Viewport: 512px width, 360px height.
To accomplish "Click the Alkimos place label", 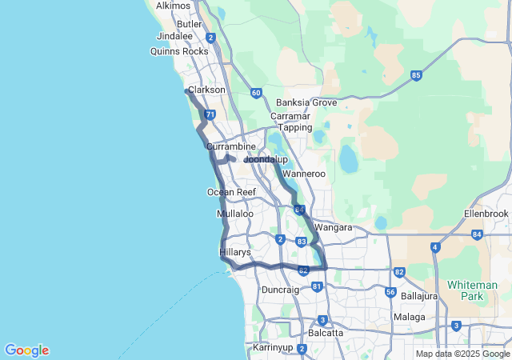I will (x=174, y=6).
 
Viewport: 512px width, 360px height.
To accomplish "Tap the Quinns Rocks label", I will (x=179, y=51).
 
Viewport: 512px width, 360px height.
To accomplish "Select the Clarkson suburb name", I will (x=206, y=90).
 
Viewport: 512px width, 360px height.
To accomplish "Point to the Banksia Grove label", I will (x=306, y=102).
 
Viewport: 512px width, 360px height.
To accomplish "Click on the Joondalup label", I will (x=266, y=159).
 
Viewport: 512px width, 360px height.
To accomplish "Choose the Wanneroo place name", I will (x=304, y=173).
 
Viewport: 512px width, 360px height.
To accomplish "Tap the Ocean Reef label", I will (x=231, y=192).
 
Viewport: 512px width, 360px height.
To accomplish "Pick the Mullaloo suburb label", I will (x=234, y=214).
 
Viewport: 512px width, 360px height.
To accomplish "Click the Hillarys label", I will (x=235, y=252).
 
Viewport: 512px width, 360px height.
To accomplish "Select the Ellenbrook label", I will (x=486, y=214).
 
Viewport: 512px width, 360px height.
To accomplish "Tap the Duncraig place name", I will (x=280, y=290).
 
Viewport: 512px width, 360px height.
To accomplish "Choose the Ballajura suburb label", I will (x=422, y=296).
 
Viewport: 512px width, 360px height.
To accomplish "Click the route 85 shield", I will (x=416, y=75).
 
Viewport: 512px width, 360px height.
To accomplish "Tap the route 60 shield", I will (x=255, y=93).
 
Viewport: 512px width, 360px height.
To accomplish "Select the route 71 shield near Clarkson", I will (x=210, y=115).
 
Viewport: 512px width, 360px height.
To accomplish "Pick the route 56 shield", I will (x=390, y=292).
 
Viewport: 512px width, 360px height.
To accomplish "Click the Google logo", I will (x=26, y=350).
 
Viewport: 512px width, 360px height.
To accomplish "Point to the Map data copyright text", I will (x=462, y=354).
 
